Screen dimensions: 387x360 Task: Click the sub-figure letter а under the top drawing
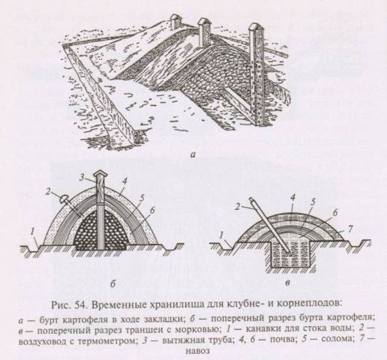point(192,155)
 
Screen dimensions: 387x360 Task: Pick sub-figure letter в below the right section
point(288,283)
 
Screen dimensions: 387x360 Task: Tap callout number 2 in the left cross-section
point(49,192)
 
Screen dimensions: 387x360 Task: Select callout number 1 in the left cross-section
point(32,232)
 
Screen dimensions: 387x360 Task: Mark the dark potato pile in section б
point(100,230)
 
